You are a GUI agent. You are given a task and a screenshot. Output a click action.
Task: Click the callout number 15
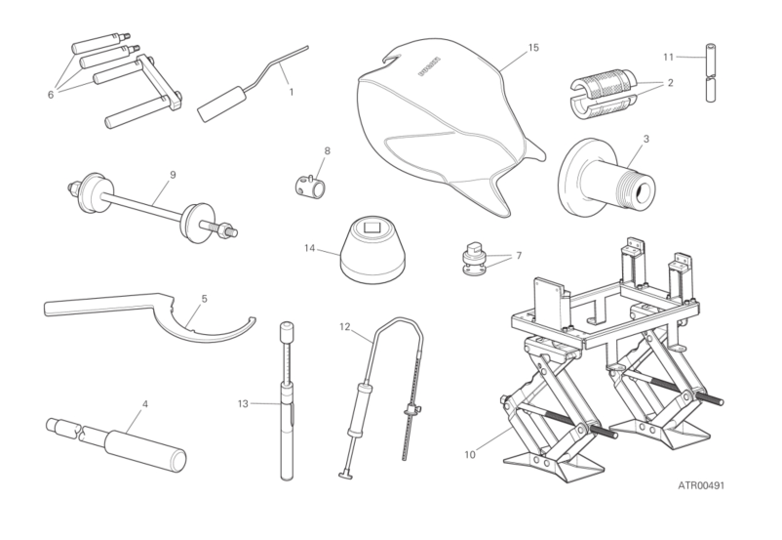click(x=533, y=48)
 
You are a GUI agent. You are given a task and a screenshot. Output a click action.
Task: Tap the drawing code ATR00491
click(x=701, y=485)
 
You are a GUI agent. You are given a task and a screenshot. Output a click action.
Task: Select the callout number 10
click(x=470, y=455)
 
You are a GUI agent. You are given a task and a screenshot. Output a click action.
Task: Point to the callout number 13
click(x=243, y=403)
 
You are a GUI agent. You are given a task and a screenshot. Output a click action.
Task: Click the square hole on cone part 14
click(x=372, y=228)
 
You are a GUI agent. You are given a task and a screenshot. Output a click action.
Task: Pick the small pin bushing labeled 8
click(x=310, y=184)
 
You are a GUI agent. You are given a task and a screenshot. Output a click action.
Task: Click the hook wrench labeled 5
click(x=149, y=313)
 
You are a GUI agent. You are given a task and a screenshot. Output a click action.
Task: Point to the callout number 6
click(x=51, y=95)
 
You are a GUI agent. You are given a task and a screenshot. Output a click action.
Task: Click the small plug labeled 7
click(x=473, y=260)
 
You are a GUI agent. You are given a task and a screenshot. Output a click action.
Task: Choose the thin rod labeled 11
click(x=711, y=72)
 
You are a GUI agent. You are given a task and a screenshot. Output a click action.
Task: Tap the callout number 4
click(x=145, y=403)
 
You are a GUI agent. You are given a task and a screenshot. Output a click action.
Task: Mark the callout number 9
click(x=173, y=175)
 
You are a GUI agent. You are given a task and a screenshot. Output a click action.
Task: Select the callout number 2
click(x=670, y=82)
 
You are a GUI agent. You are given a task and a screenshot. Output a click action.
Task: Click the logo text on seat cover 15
click(x=429, y=66)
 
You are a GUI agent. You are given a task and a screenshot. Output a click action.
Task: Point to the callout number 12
click(x=345, y=327)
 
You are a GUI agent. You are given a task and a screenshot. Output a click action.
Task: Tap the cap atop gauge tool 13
click(x=287, y=332)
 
